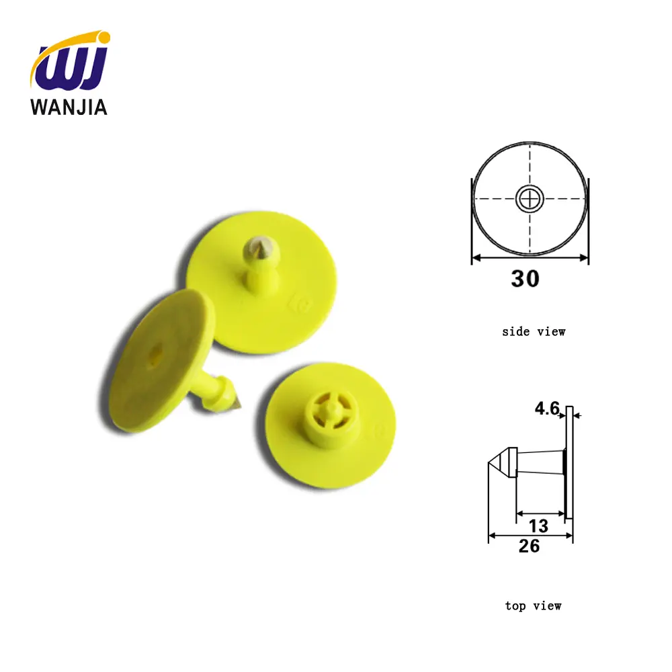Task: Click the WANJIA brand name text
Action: tap(69, 107)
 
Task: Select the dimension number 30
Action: tap(525, 278)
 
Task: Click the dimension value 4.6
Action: tap(548, 408)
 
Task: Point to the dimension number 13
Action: tap(538, 525)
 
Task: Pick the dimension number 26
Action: tap(529, 546)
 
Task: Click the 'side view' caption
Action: tap(534, 331)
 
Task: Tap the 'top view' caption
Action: tap(533, 606)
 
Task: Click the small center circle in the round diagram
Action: tap(530, 198)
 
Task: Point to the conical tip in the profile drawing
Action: tap(497, 462)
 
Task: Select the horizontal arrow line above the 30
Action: tap(530, 257)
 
